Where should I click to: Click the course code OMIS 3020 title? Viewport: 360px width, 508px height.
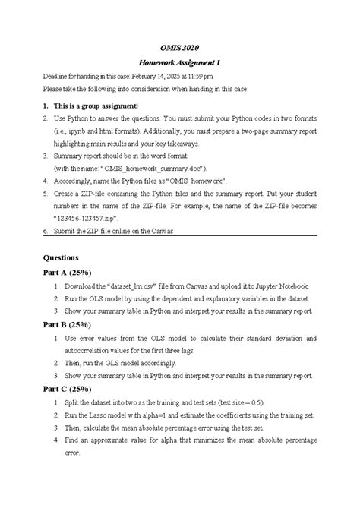tap(179, 49)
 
